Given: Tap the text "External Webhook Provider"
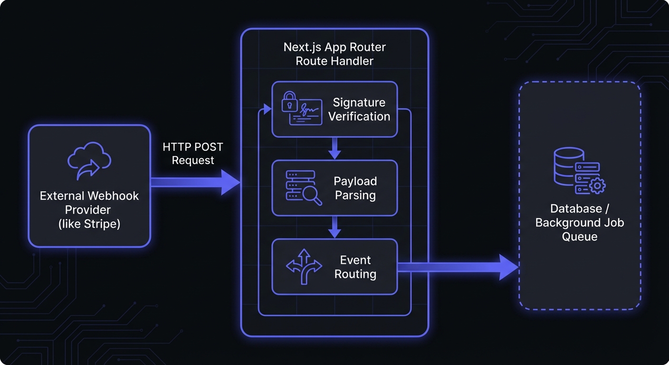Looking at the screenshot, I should [89, 203].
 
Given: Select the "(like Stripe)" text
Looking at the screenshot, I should [89, 223].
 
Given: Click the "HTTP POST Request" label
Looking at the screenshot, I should [192, 154].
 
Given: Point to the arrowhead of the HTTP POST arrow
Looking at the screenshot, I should [230, 182].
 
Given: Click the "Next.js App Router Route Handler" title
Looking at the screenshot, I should [334, 54].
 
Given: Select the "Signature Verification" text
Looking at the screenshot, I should [359, 109].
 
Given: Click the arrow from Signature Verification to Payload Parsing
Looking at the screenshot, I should [335, 148].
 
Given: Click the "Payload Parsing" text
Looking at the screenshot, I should [355, 188].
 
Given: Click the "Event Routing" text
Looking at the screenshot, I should [355, 267].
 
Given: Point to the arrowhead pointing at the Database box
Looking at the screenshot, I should [508, 267].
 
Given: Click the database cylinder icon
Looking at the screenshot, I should [569, 166].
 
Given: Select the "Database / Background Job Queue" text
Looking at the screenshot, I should [579, 222].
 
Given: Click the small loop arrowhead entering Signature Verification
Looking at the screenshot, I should [267, 109].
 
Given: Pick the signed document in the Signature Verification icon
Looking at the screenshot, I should [306, 113].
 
